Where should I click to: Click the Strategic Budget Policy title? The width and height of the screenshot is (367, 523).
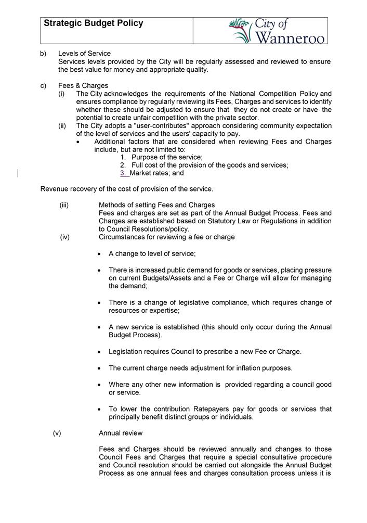point(93,23)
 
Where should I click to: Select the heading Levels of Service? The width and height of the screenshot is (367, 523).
point(84,54)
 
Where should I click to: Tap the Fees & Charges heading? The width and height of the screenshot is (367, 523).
point(83,86)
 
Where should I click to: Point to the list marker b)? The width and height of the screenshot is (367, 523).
point(43,54)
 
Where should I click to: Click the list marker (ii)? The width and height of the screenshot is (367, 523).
point(62,126)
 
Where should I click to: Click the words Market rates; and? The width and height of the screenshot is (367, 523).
point(156,173)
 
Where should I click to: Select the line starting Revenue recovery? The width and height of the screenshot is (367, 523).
point(127,189)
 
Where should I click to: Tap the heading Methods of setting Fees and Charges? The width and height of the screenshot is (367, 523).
point(156,205)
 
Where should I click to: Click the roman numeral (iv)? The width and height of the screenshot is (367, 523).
point(64,237)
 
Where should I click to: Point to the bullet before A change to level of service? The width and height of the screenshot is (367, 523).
point(99,254)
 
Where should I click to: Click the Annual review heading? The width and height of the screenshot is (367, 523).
point(121,433)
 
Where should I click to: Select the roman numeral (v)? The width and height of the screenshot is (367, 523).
point(57,433)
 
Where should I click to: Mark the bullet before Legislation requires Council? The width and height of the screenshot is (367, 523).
point(99,352)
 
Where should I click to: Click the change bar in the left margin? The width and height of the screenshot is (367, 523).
point(19,173)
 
